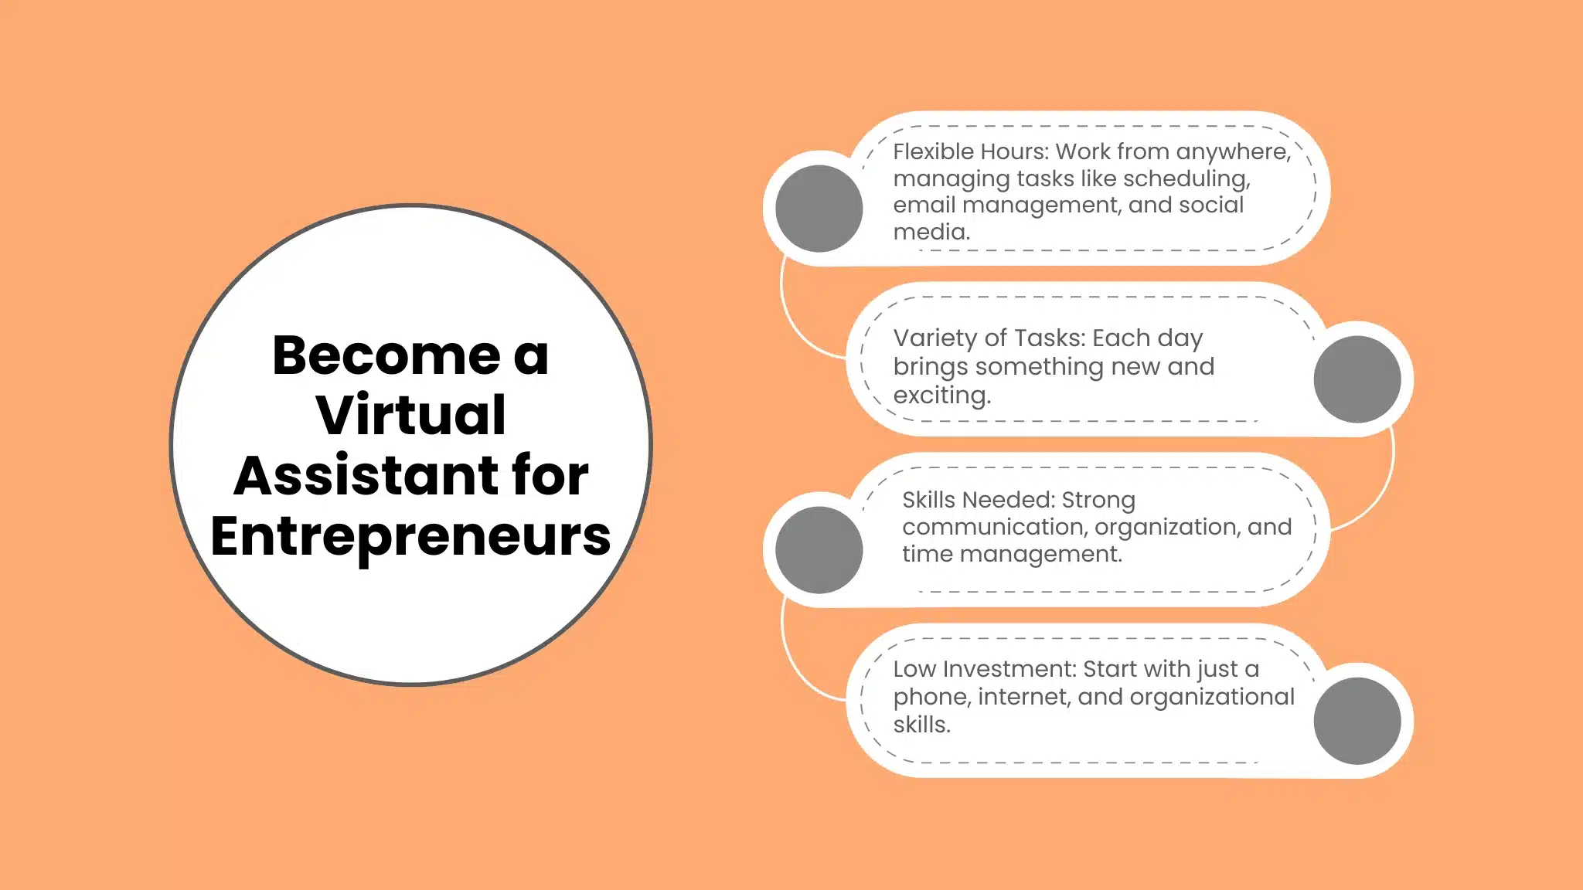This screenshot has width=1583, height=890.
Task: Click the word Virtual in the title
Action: coord(410,415)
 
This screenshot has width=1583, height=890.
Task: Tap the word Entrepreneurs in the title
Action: coord(410,537)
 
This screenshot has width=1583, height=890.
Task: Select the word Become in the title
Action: coord(386,355)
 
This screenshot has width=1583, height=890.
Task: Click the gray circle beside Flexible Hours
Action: coord(819,209)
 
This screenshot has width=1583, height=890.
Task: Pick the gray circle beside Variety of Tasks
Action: coord(1357,379)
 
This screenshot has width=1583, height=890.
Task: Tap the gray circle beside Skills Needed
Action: coord(819,550)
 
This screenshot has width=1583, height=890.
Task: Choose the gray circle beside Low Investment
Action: coord(1357,721)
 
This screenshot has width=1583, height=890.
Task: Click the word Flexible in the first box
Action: coord(932,151)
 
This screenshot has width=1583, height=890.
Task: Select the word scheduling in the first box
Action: coord(1186,179)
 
